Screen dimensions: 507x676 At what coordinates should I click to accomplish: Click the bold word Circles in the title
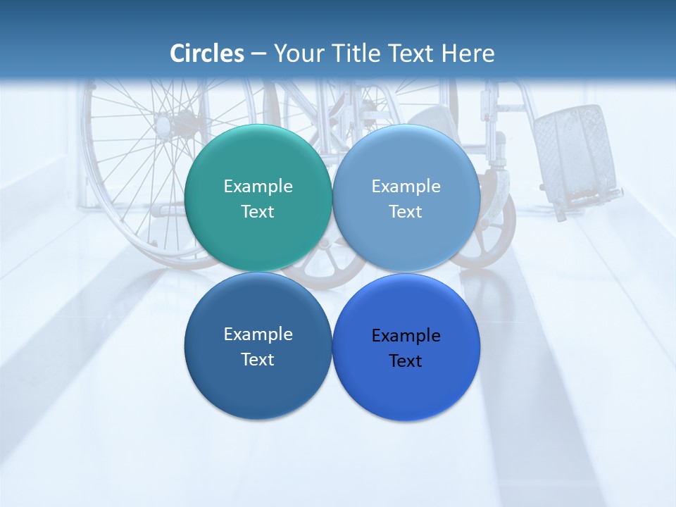(x=207, y=54)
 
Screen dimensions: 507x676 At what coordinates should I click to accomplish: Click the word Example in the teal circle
(x=258, y=187)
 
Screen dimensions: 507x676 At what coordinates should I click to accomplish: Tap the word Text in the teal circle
(x=258, y=212)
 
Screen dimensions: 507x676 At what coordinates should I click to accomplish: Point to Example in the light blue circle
(x=406, y=187)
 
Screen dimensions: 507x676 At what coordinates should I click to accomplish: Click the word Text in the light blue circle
(x=406, y=212)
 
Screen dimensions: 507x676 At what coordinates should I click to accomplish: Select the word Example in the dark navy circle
(x=258, y=334)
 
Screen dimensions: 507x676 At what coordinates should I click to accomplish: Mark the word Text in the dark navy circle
(x=258, y=360)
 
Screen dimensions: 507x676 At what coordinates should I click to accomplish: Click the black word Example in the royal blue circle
(x=406, y=336)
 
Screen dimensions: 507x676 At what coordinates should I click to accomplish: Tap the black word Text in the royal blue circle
(x=406, y=361)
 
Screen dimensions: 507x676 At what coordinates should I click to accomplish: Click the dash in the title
(x=258, y=54)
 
